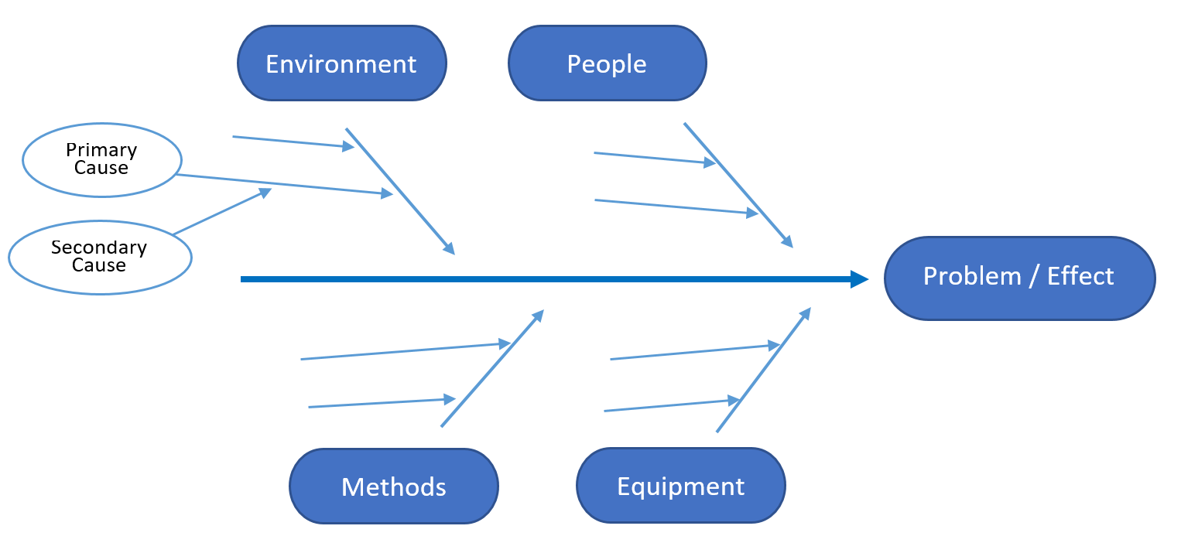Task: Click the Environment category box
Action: [341, 63]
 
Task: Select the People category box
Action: [607, 63]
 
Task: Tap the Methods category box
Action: [393, 487]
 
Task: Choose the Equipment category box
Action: [680, 486]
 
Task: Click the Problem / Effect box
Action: [1018, 278]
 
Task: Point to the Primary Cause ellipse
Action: [101, 159]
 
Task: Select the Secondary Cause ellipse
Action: [99, 257]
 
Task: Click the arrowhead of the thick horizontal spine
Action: [860, 279]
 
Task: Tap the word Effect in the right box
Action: [1080, 276]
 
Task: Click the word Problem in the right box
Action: [972, 276]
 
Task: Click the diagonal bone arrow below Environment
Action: [399, 190]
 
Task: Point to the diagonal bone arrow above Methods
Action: [492, 368]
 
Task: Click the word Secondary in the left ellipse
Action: [99, 248]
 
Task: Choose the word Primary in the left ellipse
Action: [101, 150]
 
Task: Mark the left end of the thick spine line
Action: [243, 279]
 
